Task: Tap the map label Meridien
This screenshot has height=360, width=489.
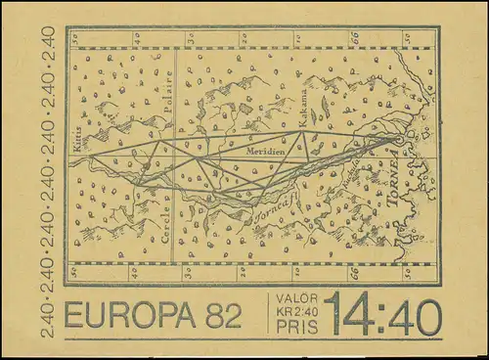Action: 267,152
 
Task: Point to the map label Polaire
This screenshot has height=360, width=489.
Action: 168,93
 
